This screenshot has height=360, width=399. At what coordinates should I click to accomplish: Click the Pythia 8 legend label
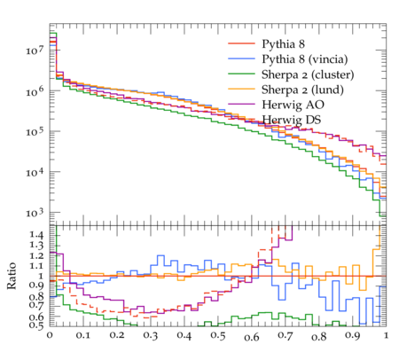283,44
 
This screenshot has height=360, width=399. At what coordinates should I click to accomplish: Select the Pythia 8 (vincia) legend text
305,59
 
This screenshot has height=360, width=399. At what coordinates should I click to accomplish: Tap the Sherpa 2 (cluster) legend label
308,74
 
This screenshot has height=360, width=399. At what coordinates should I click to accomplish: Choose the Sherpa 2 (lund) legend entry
302,90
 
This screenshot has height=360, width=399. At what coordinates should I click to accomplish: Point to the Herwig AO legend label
293,105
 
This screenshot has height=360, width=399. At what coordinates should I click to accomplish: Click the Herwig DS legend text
292,120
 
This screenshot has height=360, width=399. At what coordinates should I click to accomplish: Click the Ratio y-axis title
12,276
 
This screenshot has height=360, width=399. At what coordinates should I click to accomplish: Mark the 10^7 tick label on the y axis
35,50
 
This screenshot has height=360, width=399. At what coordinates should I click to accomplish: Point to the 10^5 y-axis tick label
35,131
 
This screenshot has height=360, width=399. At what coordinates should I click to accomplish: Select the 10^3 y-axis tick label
35,212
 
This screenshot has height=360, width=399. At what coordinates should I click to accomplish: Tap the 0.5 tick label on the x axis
218,336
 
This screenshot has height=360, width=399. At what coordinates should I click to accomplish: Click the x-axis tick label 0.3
151,336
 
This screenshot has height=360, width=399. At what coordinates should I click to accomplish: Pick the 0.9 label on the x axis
353,336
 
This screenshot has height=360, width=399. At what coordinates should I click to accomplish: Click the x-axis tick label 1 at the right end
386,336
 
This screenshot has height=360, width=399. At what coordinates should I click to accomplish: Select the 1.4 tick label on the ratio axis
36,235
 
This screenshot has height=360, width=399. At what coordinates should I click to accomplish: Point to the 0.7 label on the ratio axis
36,306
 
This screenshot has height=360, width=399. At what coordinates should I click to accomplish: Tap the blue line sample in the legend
241,59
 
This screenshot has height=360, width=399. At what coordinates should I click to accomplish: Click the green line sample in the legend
241,74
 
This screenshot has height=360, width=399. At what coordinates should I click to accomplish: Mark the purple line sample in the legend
241,104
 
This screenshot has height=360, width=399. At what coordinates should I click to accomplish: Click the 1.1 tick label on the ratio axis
36,266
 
